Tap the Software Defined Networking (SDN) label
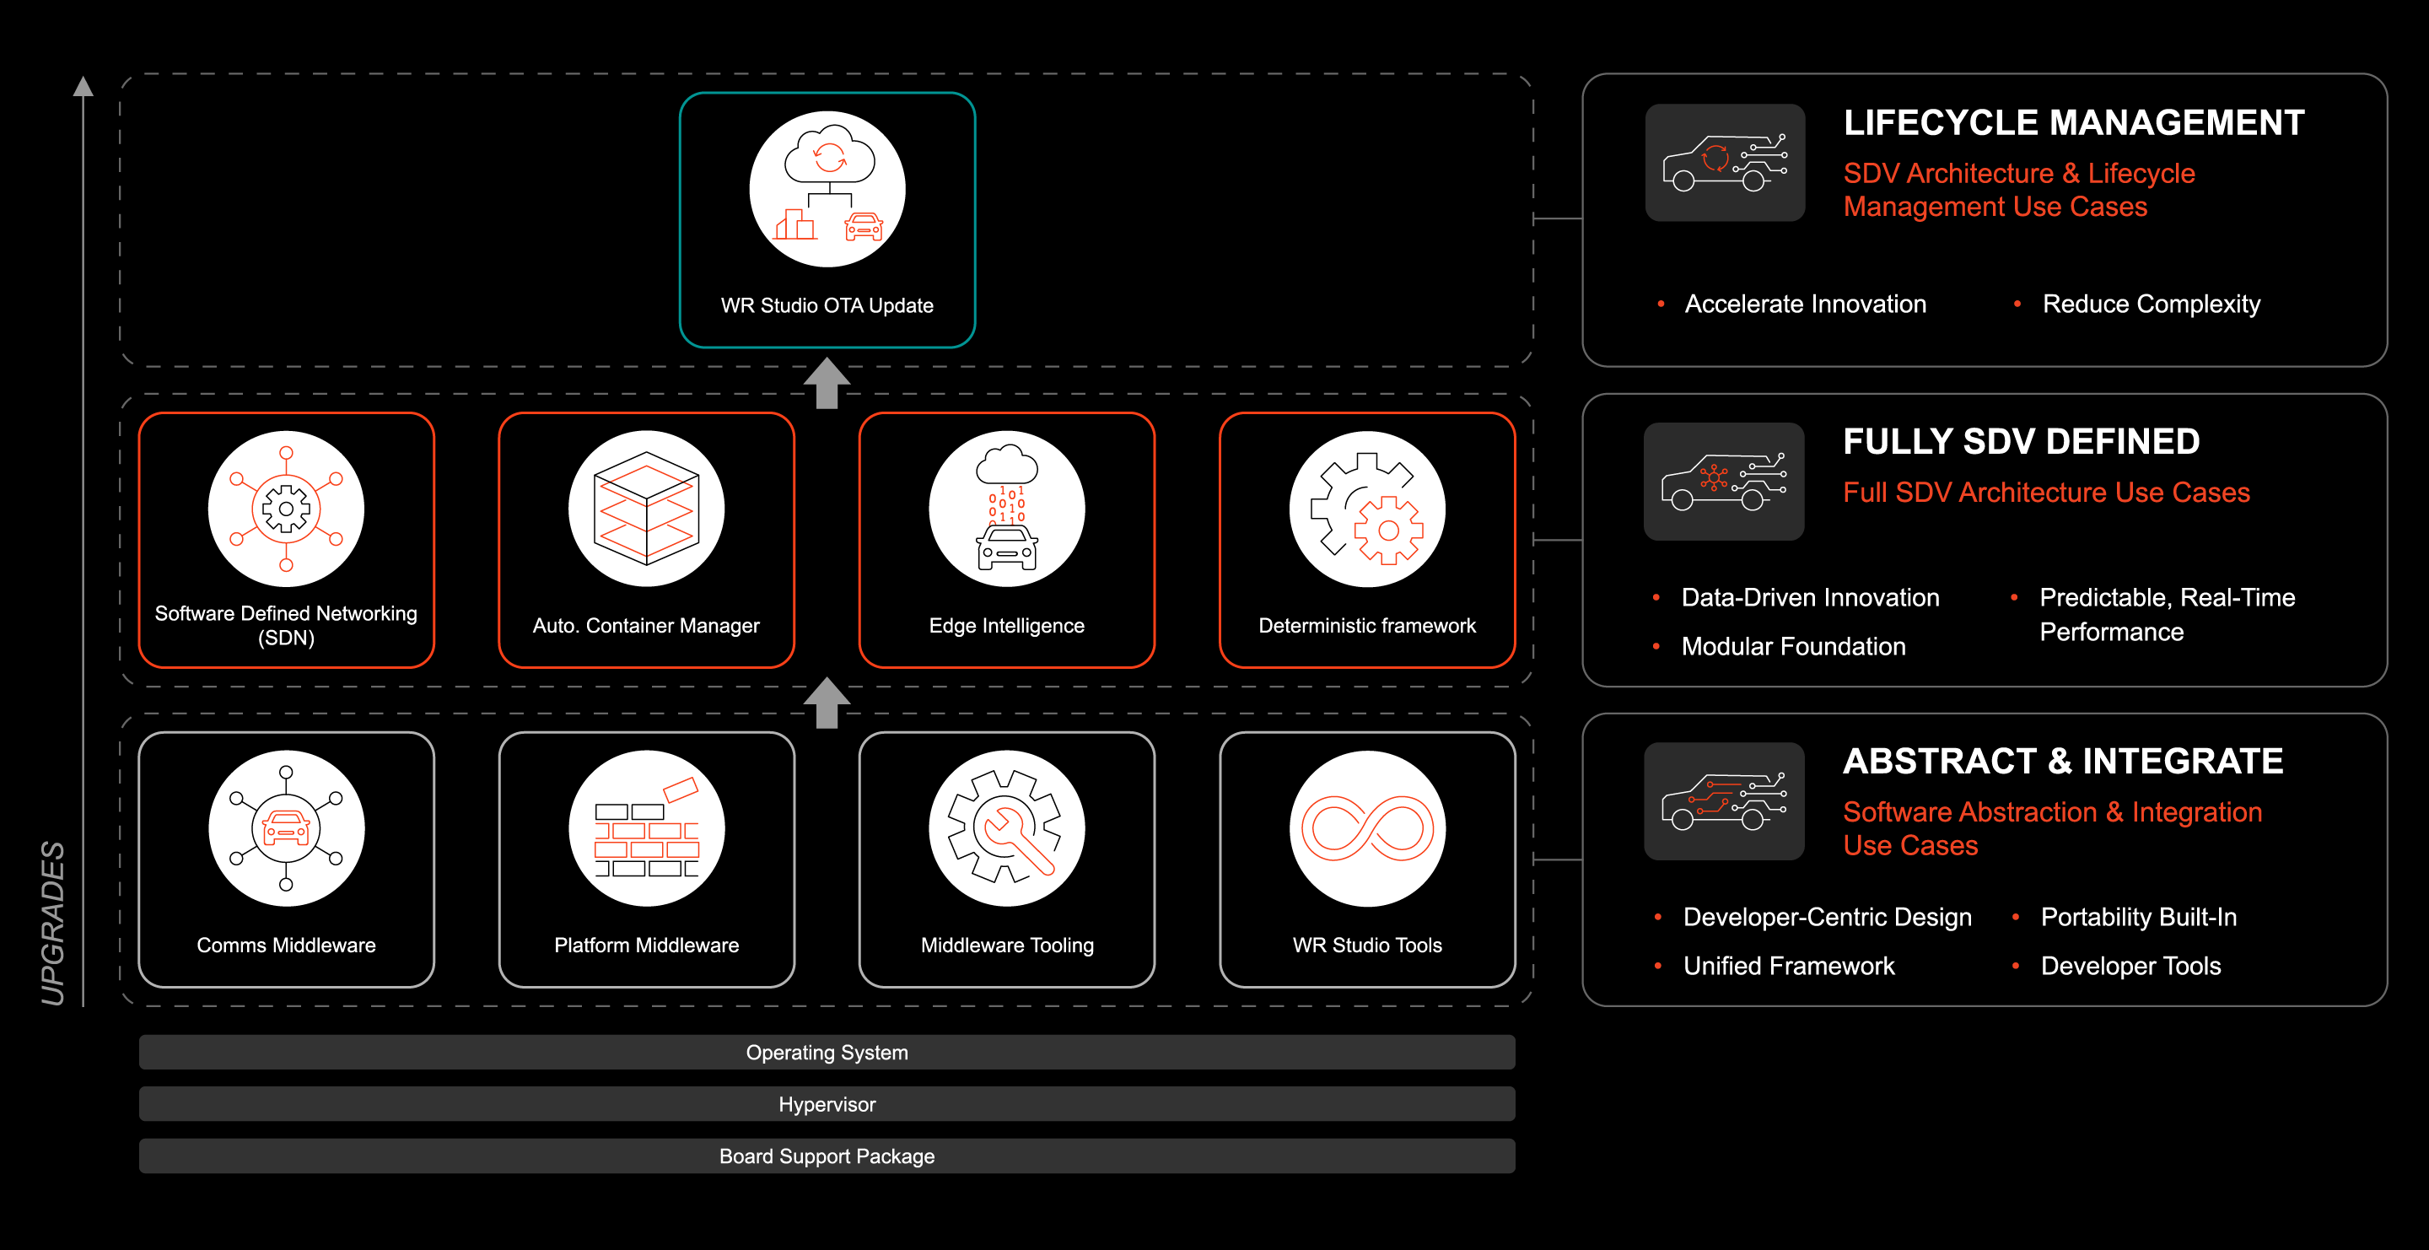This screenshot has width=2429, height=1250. coord(286,625)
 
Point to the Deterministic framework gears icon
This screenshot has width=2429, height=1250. coord(1366,509)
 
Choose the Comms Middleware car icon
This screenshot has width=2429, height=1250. coord(286,827)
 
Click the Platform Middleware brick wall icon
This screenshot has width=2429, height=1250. coord(646,827)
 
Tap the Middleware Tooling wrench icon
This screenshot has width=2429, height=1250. coord(1006,827)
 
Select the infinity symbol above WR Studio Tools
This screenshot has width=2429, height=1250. coord(1366,827)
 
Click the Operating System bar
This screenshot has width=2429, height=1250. coord(827,1052)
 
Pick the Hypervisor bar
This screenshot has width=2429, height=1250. coord(827,1104)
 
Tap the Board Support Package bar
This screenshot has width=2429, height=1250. coord(827,1156)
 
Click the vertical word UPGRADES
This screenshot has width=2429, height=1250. coord(53,923)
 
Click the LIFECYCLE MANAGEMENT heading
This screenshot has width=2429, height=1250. coord(2072,122)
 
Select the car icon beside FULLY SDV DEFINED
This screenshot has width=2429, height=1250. coord(1723,481)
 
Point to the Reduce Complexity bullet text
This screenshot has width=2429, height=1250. coord(2151,304)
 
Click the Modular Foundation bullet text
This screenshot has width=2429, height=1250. coord(1792,646)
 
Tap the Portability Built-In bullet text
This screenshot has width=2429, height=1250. coord(2138,916)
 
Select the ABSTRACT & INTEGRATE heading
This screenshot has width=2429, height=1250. coord(2062,761)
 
